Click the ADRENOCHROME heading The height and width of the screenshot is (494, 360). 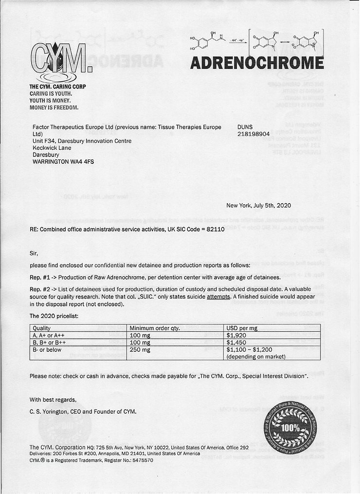tap(257, 63)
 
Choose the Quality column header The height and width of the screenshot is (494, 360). tap(42, 328)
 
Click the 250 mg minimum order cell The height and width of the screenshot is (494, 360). tap(140, 349)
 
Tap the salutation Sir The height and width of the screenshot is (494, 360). tap(34, 253)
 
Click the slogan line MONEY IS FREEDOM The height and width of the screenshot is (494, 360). tap(54, 107)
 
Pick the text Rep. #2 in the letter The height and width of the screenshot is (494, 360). tap(39, 289)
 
